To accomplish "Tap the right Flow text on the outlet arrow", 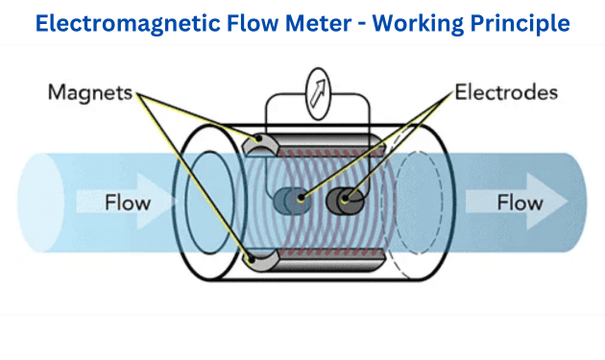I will pos(520,203).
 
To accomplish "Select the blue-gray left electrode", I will pos(287,202).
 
